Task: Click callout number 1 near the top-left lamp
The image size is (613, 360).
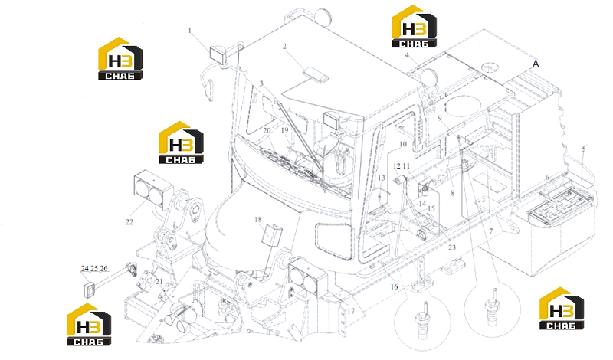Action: pyautogui.click(x=190, y=31)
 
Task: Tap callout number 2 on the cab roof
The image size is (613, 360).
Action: pyautogui.click(x=284, y=47)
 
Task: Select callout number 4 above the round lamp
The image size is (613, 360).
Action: pyautogui.click(x=407, y=55)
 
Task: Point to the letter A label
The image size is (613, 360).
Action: pyautogui.click(x=536, y=64)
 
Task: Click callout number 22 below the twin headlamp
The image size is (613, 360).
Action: pyautogui.click(x=129, y=222)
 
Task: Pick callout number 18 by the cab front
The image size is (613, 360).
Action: pyautogui.click(x=258, y=220)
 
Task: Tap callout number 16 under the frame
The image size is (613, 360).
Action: pyautogui.click(x=394, y=287)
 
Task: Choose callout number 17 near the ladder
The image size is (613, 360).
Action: pyautogui.click(x=351, y=311)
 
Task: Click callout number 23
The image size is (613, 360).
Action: pyautogui.click(x=452, y=247)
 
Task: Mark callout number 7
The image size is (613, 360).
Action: pyautogui.click(x=491, y=231)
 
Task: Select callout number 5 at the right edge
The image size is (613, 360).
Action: pyautogui.click(x=584, y=149)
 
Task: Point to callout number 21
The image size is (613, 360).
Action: pyautogui.click(x=159, y=281)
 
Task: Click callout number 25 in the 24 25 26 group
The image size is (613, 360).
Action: pyautogui.click(x=94, y=269)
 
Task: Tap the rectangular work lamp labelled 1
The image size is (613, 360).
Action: pyautogui.click(x=218, y=55)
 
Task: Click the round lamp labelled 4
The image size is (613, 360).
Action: pyautogui.click(x=428, y=77)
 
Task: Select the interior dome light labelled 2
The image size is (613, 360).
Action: pyautogui.click(x=317, y=74)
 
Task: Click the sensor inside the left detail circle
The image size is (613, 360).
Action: pyautogui.click(x=423, y=319)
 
